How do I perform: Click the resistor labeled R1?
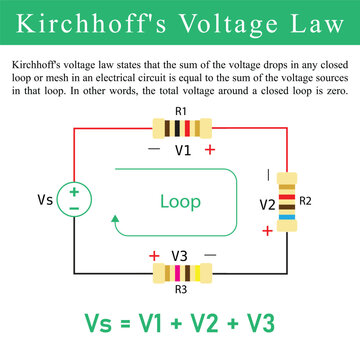pyautogui.click(x=180, y=127)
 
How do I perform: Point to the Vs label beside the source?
pyautogui.click(x=45, y=200)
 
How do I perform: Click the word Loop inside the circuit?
pyautogui.click(x=180, y=201)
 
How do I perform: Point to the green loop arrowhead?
pyautogui.click(x=116, y=219)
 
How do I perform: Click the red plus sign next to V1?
pyautogui.click(x=210, y=150)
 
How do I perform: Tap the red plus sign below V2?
pyautogui.click(x=267, y=230)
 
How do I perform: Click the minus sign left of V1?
pyautogui.click(x=153, y=150)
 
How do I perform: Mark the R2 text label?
pyautogui.click(x=306, y=200)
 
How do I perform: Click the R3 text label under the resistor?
pyautogui.click(x=180, y=290)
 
